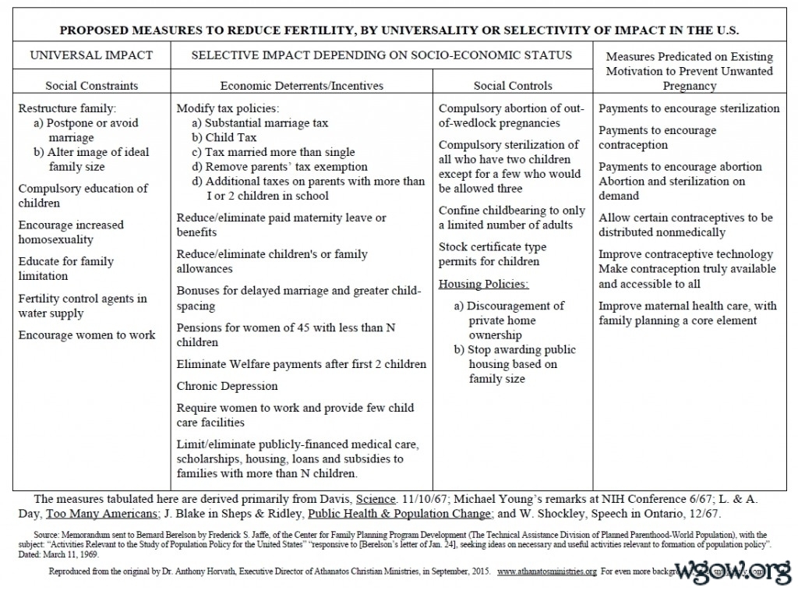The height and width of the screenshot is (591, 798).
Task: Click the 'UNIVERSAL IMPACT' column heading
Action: [91, 55]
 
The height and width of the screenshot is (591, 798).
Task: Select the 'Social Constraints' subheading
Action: [91, 86]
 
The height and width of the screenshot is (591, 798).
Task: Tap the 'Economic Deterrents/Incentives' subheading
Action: [302, 86]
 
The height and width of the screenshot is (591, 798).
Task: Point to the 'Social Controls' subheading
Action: [513, 86]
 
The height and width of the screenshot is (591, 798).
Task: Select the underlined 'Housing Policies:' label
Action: [483, 284]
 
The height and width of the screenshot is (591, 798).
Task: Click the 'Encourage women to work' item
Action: [87, 335]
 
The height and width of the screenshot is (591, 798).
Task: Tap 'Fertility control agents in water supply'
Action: [83, 306]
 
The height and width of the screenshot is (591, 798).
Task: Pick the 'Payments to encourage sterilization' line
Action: [689, 108]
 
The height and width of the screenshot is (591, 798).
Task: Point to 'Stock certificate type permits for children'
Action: [493, 254]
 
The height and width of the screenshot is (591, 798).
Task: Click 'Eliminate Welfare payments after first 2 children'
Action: [302, 364]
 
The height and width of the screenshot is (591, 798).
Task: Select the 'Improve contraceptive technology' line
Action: [686, 254]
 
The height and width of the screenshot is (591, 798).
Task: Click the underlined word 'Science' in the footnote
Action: [377, 498]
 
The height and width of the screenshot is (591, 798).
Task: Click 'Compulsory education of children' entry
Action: [83, 196]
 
